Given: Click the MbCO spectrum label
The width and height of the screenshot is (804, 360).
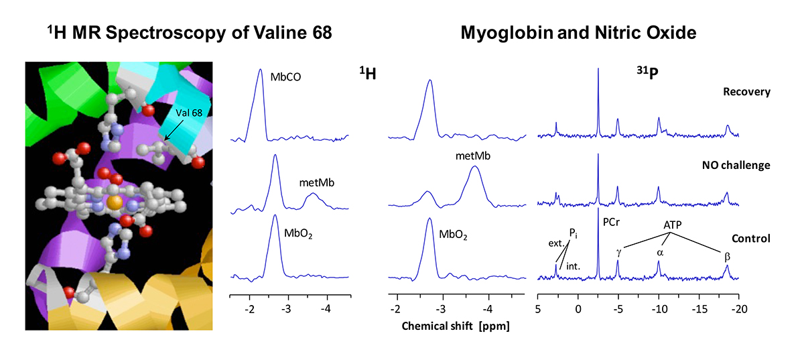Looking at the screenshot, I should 285,77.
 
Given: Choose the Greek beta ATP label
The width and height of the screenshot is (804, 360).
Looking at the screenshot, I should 727,255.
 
